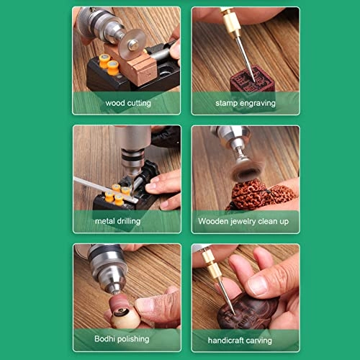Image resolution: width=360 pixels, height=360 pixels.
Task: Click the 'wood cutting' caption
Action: pos(128,103)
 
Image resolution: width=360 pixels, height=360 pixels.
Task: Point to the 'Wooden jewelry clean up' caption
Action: pos(244,221)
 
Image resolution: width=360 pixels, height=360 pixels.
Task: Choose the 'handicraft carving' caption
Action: pos(244,338)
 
